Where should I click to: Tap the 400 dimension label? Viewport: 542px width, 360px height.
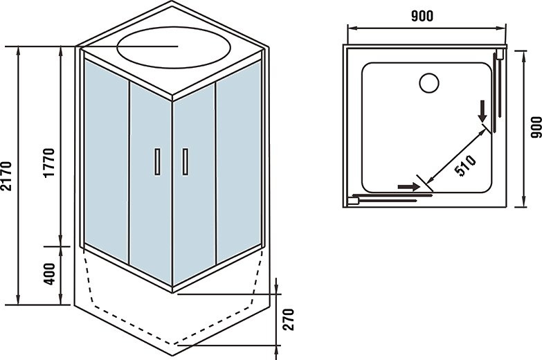[x=48, y=275]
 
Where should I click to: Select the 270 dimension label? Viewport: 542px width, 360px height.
[x=290, y=319]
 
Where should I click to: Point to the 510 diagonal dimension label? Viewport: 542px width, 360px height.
[x=464, y=166]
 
